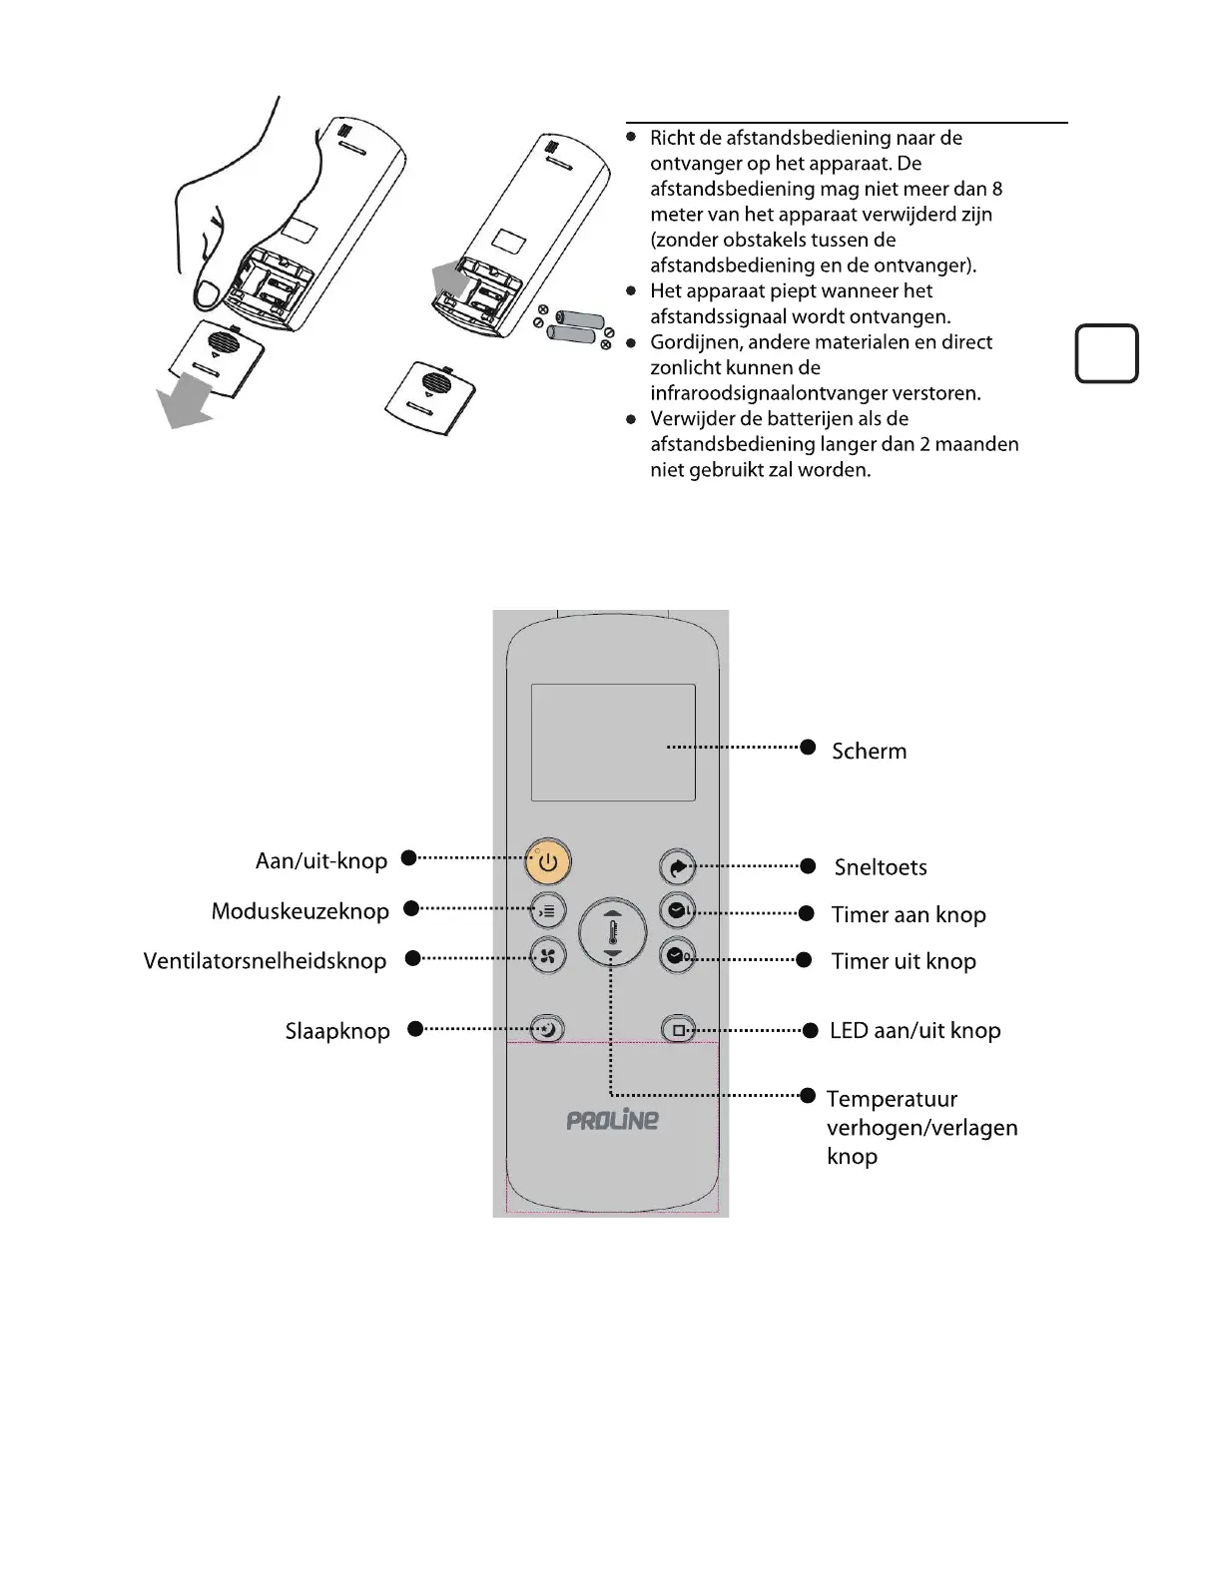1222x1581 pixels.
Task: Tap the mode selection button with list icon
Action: [x=547, y=910]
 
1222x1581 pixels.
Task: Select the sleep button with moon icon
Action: [x=547, y=1029]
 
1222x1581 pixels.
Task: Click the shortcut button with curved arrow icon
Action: [x=678, y=867]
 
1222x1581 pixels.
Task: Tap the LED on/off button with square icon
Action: [x=678, y=1030]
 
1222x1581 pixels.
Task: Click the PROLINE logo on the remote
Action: [x=612, y=1121]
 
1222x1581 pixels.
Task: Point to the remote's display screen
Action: [x=612, y=742]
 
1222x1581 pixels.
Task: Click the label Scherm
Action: [x=869, y=752]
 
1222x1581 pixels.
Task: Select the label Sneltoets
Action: [x=880, y=867]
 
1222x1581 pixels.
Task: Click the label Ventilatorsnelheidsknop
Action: [x=265, y=961]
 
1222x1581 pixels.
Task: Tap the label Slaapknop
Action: [x=337, y=1031]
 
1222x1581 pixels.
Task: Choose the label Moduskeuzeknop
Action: [x=300, y=911]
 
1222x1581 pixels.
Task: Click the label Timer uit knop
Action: [x=904, y=961]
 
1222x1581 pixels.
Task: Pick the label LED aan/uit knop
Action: [x=915, y=1031]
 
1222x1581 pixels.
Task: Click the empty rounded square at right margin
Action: [x=1106, y=353]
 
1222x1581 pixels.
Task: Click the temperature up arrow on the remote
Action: [x=613, y=912]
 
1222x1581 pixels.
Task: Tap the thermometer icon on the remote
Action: [x=613, y=934]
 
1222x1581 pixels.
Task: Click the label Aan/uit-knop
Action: [x=320, y=860]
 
